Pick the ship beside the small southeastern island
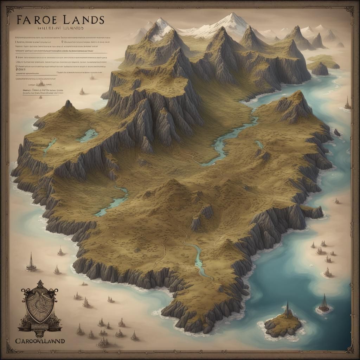[x=323, y=304]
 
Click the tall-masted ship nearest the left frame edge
[x=31, y=263]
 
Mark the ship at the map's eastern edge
[x=347, y=103]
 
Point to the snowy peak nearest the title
[x=161, y=25]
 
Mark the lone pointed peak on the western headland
[x=68, y=104]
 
